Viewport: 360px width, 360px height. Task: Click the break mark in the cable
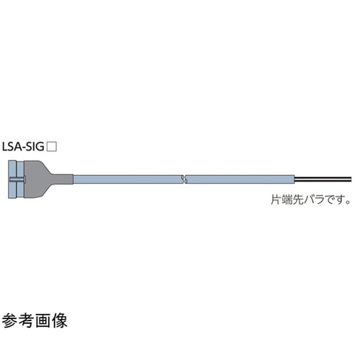tap(184, 179)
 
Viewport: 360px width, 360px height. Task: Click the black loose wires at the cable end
tap(324, 179)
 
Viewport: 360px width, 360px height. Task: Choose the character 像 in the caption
tap(60, 321)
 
